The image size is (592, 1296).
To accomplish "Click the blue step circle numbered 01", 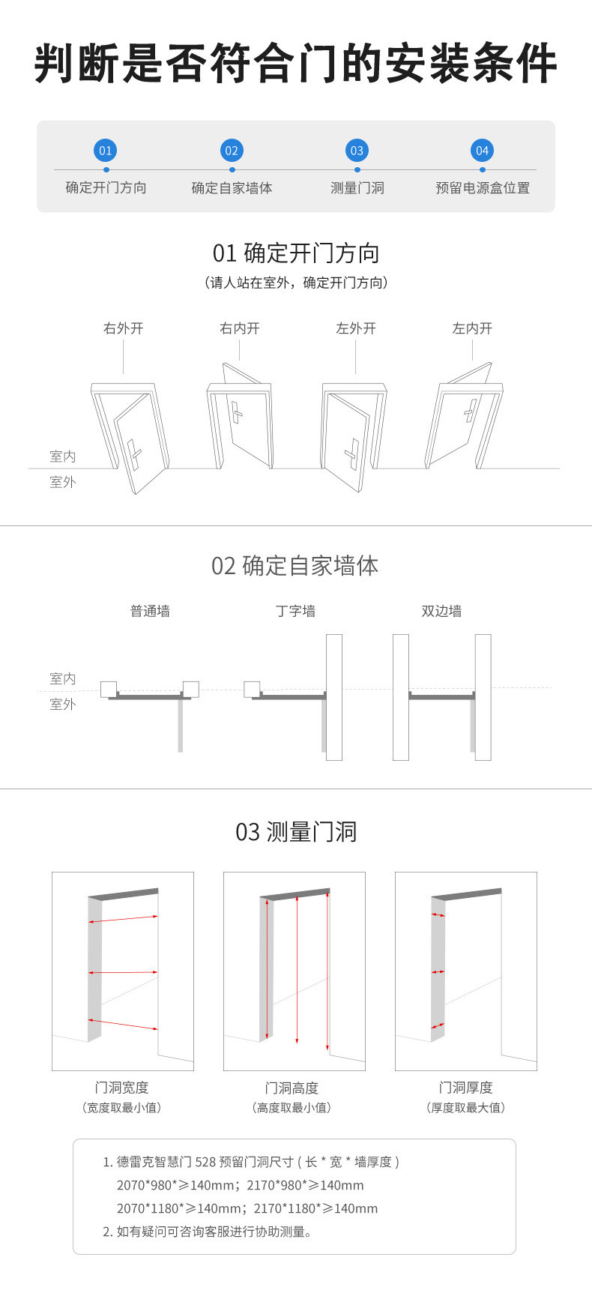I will (106, 151).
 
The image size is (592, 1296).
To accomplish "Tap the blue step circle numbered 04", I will (482, 151).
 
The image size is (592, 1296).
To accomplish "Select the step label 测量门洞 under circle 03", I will (357, 188).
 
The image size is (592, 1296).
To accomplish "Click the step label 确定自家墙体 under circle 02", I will (232, 188).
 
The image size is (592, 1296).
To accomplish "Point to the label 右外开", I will (124, 328).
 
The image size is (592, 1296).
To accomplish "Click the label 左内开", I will (472, 328).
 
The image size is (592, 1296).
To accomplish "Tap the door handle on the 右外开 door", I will (134, 450).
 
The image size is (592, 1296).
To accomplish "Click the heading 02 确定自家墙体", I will (295, 566).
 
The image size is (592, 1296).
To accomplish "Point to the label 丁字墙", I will (295, 611).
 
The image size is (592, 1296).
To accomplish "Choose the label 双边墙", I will (441, 611).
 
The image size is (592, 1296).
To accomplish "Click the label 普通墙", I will (150, 611).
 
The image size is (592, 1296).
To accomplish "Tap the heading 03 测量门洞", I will (296, 832).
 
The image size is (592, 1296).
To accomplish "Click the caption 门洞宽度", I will (121, 1088).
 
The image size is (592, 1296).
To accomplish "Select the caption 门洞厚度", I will (465, 1088).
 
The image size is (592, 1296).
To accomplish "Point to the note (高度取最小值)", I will (292, 1108).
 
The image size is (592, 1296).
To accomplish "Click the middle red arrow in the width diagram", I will (123, 972).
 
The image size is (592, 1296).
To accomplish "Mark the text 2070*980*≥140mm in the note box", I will (175, 1185).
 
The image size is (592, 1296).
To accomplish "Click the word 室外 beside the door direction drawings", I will (63, 482).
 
